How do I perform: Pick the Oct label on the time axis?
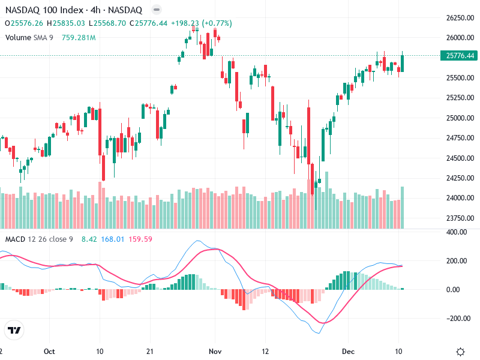pyautogui.click(x=50, y=352)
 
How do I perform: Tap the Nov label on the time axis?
pyautogui.click(x=215, y=352)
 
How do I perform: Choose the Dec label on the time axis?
pyautogui.click(x=349, y=352)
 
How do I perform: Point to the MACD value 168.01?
pyautogui.click(x=112, y=239)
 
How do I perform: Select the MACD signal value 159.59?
pyautogui.click(x=140, y=239)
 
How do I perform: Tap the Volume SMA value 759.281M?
pyautogui.click(x=79, y=37)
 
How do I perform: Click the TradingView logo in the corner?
pyautogui.click(x=14, y=330)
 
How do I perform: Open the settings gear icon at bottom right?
pyautogui.click(x=461, y=352)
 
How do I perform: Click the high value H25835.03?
pyautogui.click(x=68, y=23)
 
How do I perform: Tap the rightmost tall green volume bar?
pyautogui.click(x=402, y=208)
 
